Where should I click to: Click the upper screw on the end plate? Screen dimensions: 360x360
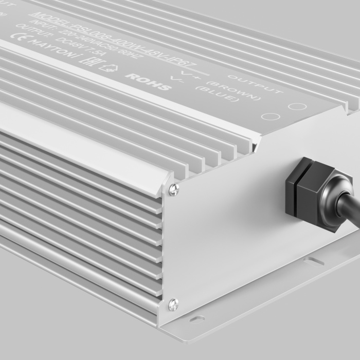(174, 189)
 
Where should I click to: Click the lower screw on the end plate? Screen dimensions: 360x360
(173, 304)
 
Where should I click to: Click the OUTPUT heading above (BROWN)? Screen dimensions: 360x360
(255, 84)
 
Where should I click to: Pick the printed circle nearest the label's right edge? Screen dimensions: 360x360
(297, 107)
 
